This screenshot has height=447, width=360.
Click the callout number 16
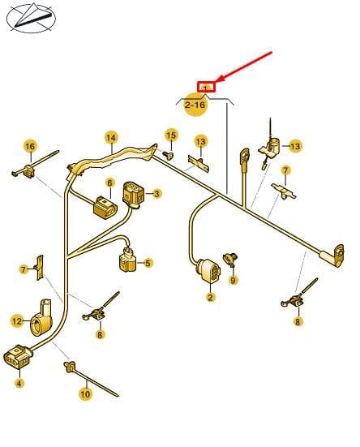click(30, 147)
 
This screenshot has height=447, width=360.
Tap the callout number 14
click(111, 138)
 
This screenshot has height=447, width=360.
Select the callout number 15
click(171, 135)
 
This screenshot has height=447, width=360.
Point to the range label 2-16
click(195, 105)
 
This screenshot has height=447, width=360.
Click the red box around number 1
click(206, 87)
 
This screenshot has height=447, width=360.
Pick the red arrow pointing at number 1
click(244, 67)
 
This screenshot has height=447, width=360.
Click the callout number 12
click(17, 321)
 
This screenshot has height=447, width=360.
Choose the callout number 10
click(85, 394)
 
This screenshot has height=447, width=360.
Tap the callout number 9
click(233, 280)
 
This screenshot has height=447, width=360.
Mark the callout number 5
click(148, 263)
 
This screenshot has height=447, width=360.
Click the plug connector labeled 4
click(18, 356)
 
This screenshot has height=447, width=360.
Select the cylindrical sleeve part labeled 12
click(41, 318)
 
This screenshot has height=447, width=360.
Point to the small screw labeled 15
click(169, 156)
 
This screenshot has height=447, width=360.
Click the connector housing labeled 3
click(133, 195)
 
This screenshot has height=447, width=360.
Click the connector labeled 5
click(127, 259)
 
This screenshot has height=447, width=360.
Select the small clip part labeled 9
click(230, 259)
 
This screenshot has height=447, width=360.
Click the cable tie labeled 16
click(35, 165)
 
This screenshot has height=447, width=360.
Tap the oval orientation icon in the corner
click(31, 18)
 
